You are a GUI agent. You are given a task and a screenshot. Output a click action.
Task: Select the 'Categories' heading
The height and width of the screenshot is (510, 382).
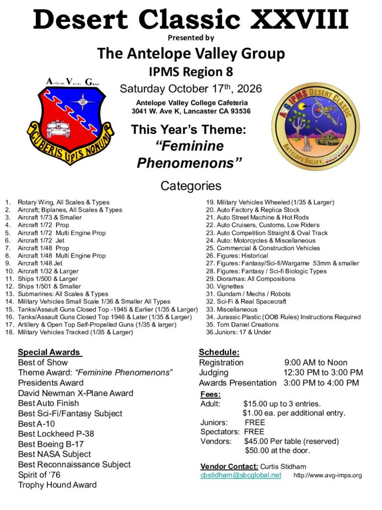(x=191, y=186)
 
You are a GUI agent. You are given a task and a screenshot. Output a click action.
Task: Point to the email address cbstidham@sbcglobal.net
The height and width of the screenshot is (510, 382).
(x=241, y=475)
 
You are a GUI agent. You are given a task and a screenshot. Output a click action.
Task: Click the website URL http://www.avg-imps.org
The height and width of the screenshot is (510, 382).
(x=328, y=476)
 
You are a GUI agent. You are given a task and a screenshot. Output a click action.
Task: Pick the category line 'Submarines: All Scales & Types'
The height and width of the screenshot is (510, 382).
(x=63, y=294)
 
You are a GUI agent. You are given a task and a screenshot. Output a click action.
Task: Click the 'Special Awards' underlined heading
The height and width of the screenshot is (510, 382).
(x=49, y=352)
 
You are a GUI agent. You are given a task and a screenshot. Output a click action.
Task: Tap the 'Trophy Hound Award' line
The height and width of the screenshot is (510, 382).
(x=57, y=485)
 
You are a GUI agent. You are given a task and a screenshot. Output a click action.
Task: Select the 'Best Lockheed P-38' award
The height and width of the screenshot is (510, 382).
(x=56, y=433)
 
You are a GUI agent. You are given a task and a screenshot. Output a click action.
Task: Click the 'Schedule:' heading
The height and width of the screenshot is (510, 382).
(x=219, y=352)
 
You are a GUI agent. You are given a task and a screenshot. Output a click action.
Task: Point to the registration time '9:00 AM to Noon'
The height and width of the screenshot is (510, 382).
(x=316, y=363)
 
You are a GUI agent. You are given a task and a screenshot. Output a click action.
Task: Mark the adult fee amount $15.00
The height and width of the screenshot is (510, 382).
(x=256, y=403)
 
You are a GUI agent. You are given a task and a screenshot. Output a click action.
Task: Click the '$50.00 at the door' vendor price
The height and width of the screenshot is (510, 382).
(x=277, y=451)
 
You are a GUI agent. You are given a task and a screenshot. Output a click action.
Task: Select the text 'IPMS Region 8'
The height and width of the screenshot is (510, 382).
(x=191, y=72)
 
